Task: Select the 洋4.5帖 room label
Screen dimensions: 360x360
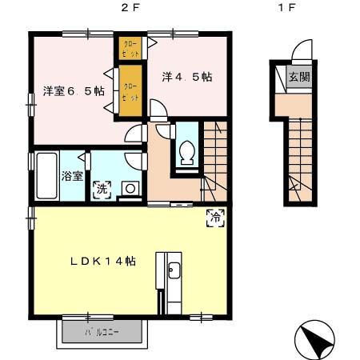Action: tap(186, 77)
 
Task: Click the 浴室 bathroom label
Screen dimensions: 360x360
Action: tap(73, 175)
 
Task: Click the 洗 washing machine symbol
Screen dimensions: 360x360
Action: tap(102, 190)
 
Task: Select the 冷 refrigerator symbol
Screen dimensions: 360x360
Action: tap(214, 215)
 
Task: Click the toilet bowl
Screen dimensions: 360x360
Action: tap(188, 151)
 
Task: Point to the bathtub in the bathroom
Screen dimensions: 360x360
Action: tap(44, 174)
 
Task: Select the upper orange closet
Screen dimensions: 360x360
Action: tap(129, 48)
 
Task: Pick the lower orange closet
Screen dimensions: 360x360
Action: tap(129, 90)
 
